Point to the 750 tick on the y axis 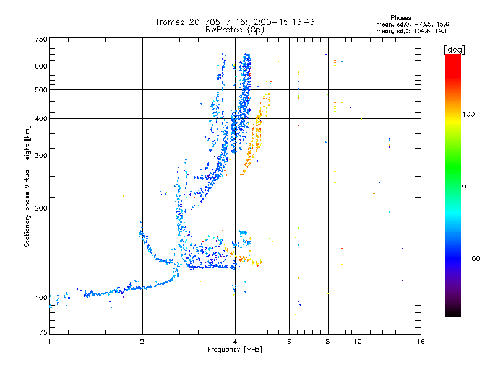[x=41, y=39]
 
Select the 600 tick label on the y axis [x=41, y=66]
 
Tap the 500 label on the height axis [x=41, y=90]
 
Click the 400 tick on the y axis [x=41, y=118]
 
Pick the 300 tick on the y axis [x=41, y=156]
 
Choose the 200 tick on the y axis [x=41, y=208]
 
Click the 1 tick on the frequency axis [x=49, y=342]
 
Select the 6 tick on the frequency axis [x=289, y=342]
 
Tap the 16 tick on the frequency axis [x=420, y=342]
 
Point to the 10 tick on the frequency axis [x=357, y=342]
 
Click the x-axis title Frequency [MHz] [x=235, y=350]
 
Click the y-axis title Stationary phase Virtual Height [x=27, y=186]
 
